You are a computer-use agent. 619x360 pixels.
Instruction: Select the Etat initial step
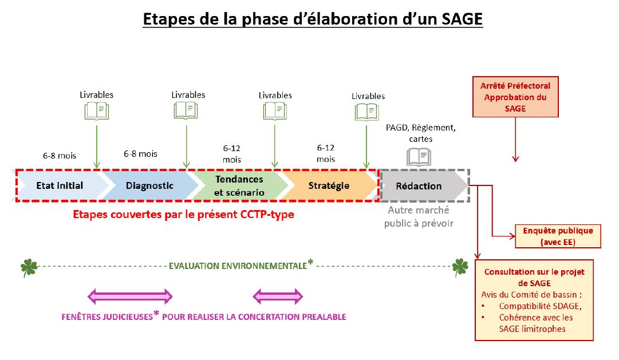pos(60,185)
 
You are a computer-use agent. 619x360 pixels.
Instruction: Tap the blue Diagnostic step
pos(149,185)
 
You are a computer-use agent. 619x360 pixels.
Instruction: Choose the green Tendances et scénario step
pos(239,185)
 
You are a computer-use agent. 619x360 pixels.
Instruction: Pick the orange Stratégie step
pos(329,185)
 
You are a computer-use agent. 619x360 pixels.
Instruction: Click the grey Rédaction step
pos(419,185)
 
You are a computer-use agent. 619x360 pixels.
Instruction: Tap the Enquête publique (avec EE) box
pos(558,236)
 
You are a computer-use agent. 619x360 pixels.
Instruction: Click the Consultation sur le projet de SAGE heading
pos(526,278)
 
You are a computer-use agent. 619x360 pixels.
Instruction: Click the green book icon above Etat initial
pos(96,110)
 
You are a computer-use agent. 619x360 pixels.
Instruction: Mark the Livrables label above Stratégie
pos(368,96)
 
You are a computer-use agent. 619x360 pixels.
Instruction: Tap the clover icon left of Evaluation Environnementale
pos(28,266)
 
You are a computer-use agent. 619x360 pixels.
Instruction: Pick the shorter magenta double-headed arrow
pos(278,296)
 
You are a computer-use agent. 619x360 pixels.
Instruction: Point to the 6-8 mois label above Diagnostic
pos(140,153)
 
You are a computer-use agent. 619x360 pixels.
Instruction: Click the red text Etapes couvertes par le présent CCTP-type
pos(184,215)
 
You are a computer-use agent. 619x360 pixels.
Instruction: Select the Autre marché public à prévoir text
pos(419,217)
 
